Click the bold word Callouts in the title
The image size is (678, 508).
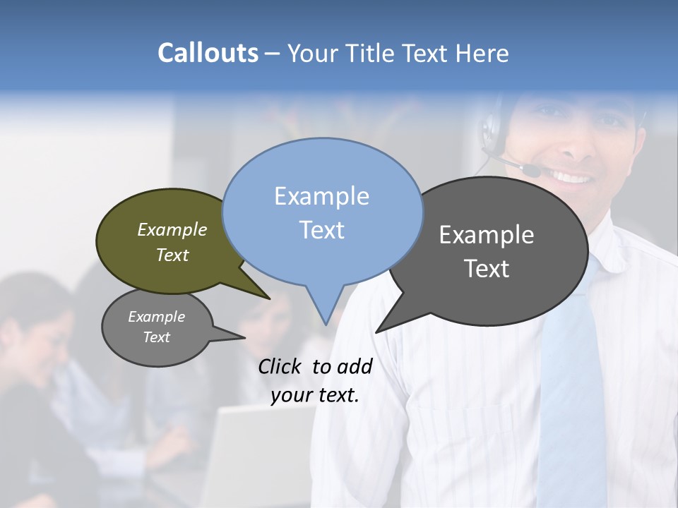point(208,53)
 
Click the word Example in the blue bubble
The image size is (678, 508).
point(321,196)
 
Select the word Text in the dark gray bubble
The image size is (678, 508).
point(487,269)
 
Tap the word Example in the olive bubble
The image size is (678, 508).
point(172,229)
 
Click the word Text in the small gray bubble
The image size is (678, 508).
point(157,337)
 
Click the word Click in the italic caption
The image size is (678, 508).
point(279,366)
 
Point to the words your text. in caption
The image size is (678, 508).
point(315,395)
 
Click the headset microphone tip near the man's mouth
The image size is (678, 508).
point(531,171)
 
